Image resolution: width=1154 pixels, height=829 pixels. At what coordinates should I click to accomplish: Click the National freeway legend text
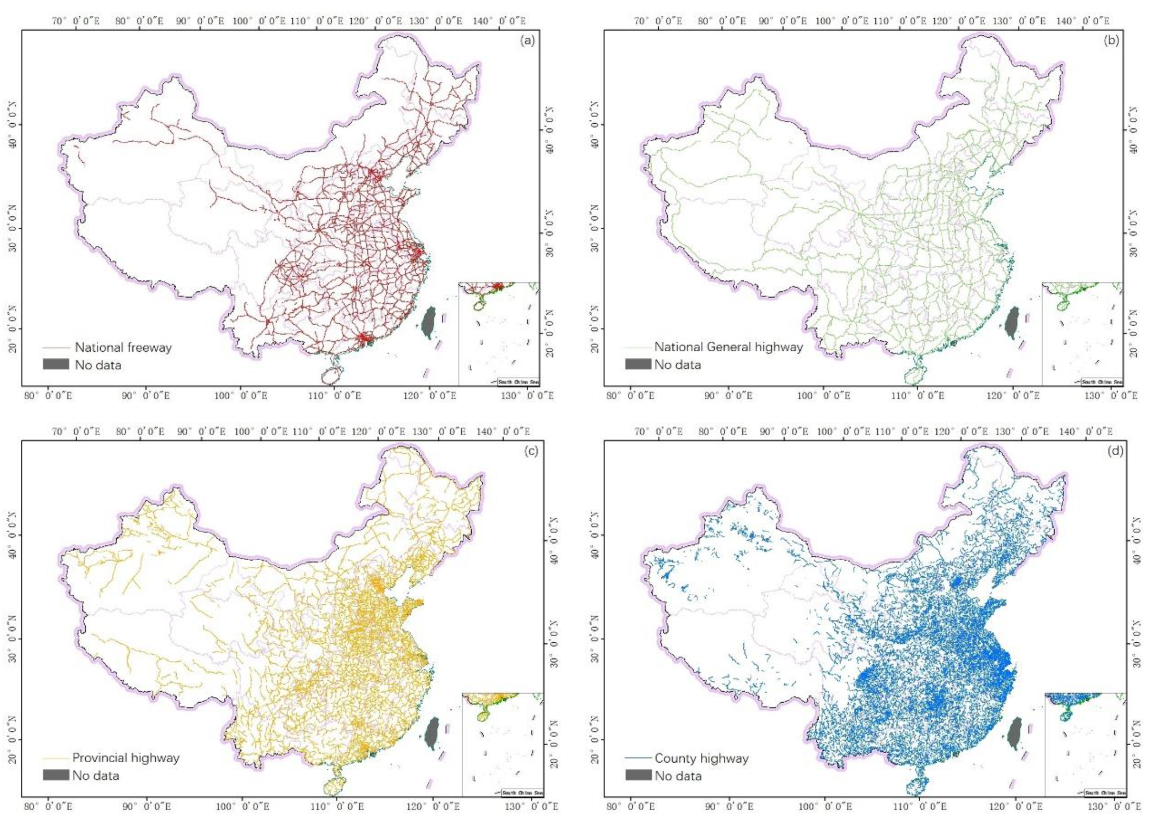(x=124, y=348)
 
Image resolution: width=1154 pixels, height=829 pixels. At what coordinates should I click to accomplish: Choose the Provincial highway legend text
(x=126, y=758)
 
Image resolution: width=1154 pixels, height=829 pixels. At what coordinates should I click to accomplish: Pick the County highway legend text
(x=701, y=758)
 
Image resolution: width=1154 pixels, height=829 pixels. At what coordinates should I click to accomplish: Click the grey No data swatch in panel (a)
(x=56, y=364)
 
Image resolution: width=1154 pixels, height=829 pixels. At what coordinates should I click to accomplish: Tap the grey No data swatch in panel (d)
(x=638, y=775)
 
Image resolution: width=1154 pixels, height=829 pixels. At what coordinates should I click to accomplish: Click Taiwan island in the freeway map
(x=430, y=322)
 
